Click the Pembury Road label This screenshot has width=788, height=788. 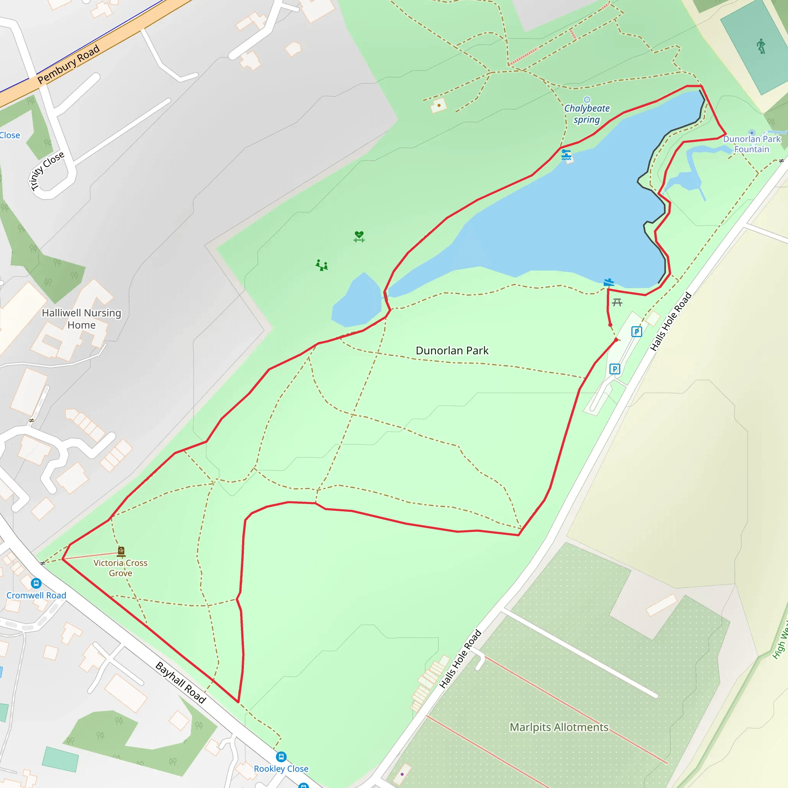tap(68, 64)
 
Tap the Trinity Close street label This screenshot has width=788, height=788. tap(47, 170)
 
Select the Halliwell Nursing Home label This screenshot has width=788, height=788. tap(82, 319)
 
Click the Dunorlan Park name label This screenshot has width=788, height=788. tap(452, 351)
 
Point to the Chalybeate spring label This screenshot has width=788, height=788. tap(586, 114)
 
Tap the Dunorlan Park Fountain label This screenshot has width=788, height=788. tap(751, 144)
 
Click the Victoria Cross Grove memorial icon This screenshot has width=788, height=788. tap(121, 551)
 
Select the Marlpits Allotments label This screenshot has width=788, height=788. tap(559, 727)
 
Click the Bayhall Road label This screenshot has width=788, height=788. tap(181, 682)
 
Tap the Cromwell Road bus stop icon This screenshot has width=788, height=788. tap(36, 583)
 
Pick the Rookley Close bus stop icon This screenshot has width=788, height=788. tap(281, 757)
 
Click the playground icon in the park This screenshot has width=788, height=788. tap(322, 265)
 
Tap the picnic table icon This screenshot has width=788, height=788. tap(617, 302)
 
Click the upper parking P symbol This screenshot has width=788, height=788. tap(637, 332)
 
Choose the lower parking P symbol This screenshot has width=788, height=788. tap(614, 369)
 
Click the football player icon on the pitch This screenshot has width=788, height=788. tap(761, 46)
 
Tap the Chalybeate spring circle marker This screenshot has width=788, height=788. tap(587, 100)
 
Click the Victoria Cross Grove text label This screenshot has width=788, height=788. tap(120, 568)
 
